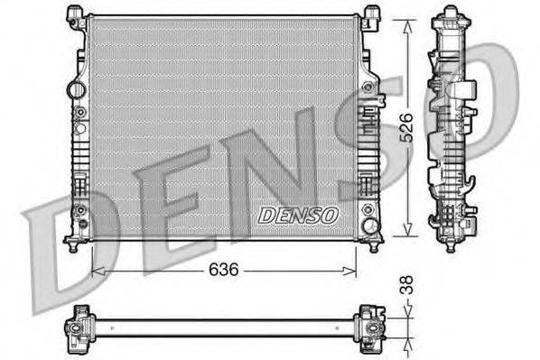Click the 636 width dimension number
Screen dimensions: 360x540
(x=225, y=270)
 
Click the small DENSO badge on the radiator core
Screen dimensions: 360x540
(x=298, y=216)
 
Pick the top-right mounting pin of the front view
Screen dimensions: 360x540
(x=372, y=14)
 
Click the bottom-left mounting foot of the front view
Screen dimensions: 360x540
(x=73, y=244)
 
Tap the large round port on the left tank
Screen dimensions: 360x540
(x=77, y=90)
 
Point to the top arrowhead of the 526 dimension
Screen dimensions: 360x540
(x=412, y=19)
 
